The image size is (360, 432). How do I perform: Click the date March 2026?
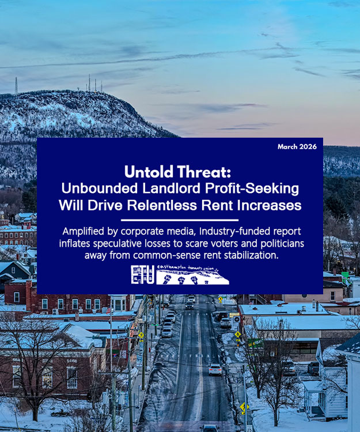tap(297, 147)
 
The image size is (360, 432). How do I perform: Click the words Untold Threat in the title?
tap(180, 172)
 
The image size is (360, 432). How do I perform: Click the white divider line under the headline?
tap(180, 219)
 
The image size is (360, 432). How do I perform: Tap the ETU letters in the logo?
tap(142, 275)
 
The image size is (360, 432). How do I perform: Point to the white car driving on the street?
tap(215, 369)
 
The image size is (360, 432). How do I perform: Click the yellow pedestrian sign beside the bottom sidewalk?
tap(244, 407)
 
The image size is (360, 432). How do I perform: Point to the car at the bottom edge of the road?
tap(210, 428)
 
